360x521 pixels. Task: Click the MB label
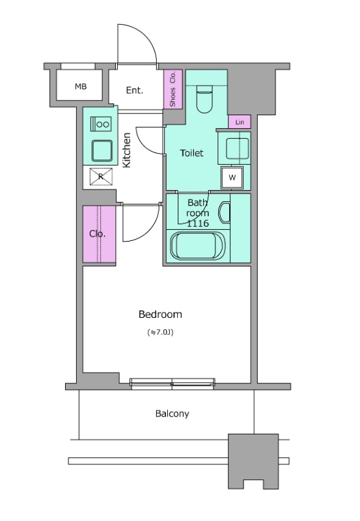pos(81,87)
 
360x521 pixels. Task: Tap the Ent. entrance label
pos(135,90)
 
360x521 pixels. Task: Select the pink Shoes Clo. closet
pos(173,89)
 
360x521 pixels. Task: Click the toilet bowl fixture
pos(204,99)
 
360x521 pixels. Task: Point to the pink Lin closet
pos(240,122)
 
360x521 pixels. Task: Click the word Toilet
pos(191,153)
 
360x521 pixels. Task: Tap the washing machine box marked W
pos(232,177)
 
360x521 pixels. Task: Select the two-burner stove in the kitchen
pos(101,124)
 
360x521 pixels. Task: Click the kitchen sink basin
pos(102,150)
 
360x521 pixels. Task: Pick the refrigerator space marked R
pos(101,176)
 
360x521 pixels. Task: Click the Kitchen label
pos(127,150)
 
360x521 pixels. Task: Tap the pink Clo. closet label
pos(97,234)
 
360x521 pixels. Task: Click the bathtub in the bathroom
pos(198,246)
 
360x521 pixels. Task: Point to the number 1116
pos(198,223)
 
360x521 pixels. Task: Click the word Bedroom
pos(160,315)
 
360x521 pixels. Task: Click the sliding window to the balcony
pos(172,384)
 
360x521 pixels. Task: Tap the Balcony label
pos(172,414)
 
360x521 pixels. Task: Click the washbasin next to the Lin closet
pos(237,148)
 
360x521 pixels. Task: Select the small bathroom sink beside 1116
pos(224,212)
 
